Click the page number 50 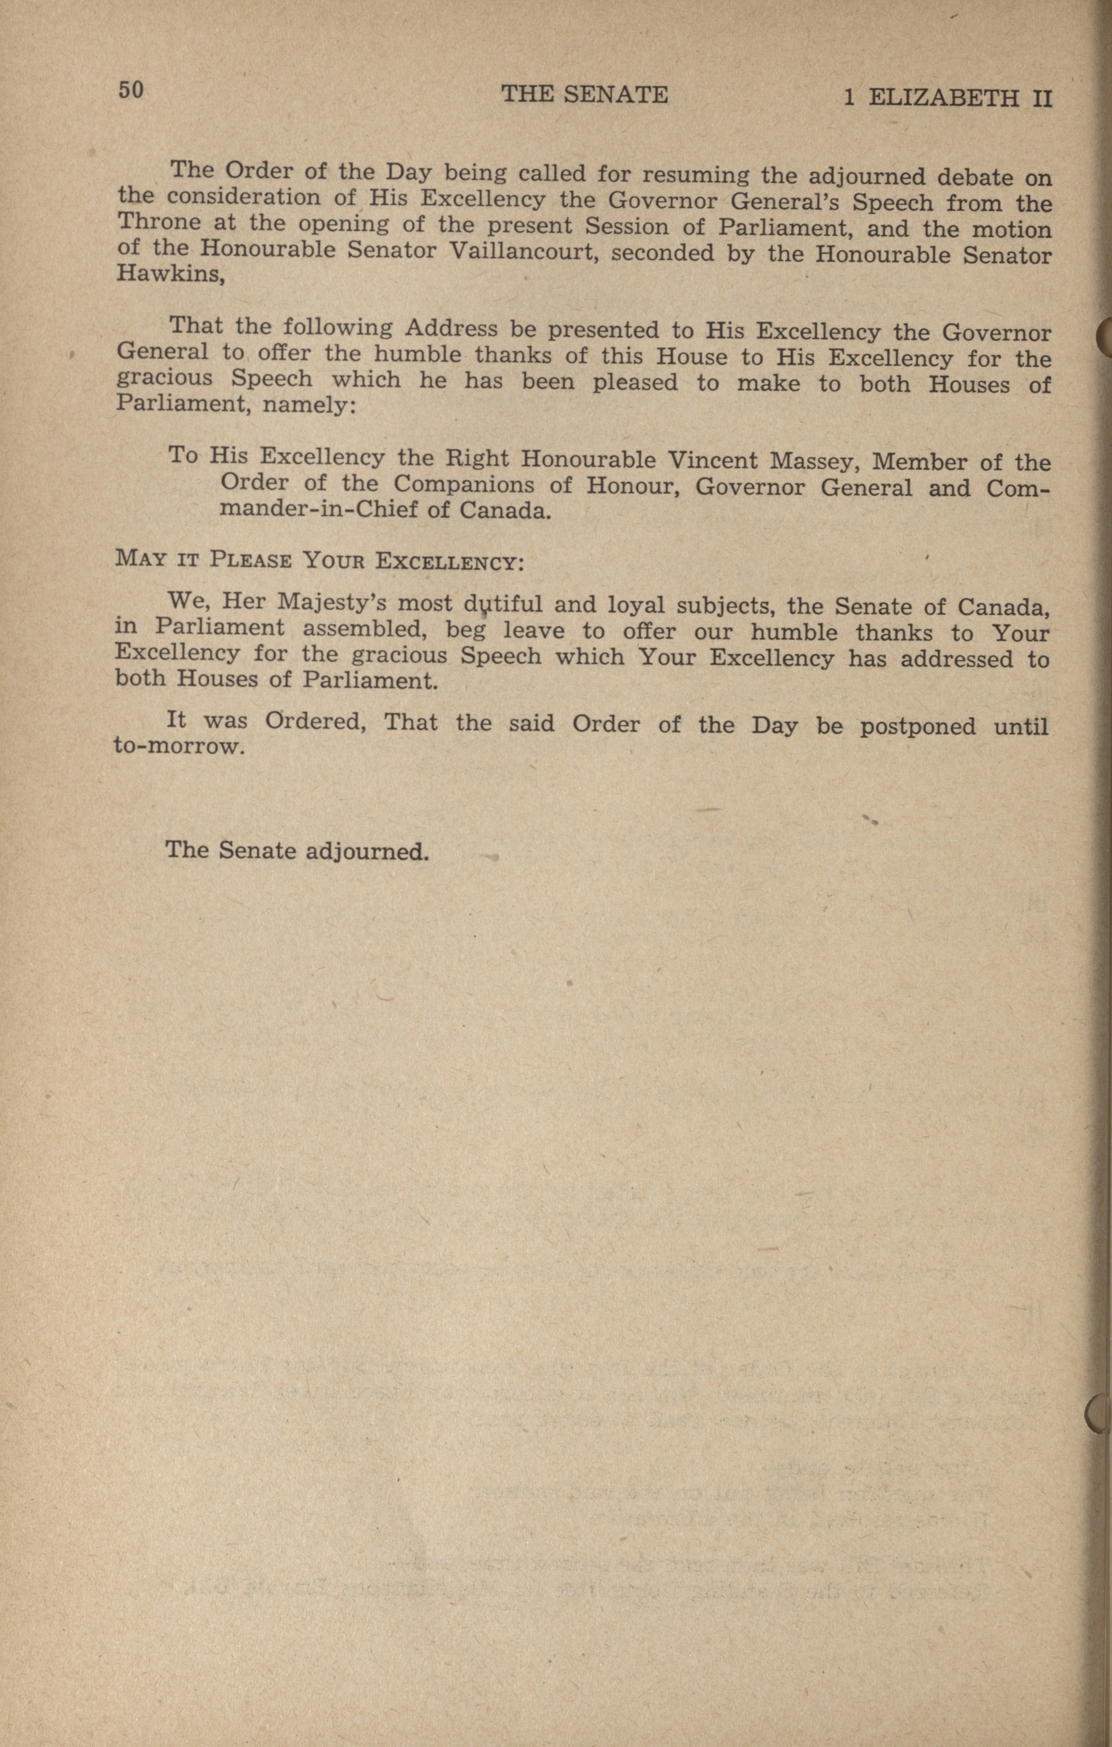pyautogui.click(x=131, y=90)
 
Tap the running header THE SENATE pyautogui.click(x=585, y=94)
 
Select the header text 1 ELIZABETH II pyautogui.click(x=947, y=98)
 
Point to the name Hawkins pyautogui.click(x=169, y=276)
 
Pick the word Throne pyautogui.click(x=160, y=222)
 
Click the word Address pyautogui.click(x=451, y=329)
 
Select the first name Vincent pyautogui.click(x=712, y=460)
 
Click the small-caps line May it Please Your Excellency pyautogui.click(x=319, y=561)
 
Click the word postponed pyautogui.click(x=917, y=726)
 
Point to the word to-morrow pyautogui.click(x=176, y=746)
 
